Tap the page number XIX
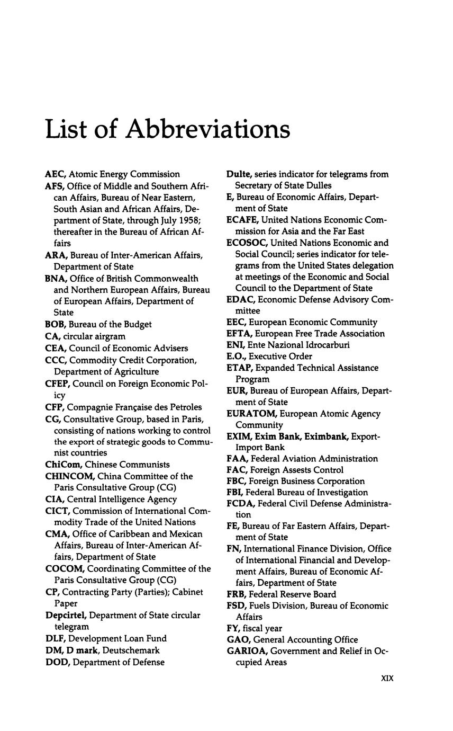tap(387, 678)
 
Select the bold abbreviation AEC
tap(56, 174)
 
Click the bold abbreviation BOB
tap(55, 324)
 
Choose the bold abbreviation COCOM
tap(65, 568)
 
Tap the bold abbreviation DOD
tap(56, 662)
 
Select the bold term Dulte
tap(239, 174)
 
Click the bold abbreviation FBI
tap(234, 493)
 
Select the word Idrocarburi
tap(324, 345)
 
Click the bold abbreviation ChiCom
tap(63, 465)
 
